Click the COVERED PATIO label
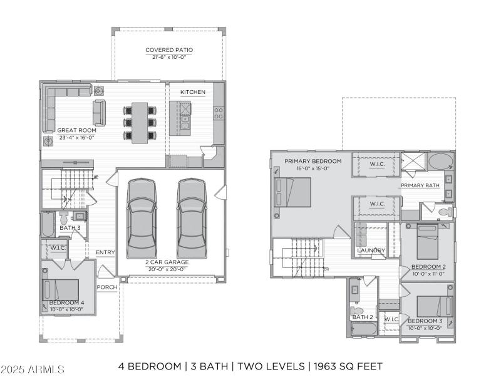coord(169,49)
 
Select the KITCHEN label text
coord(192,92)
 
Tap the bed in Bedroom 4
coord(61,290)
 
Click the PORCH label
coord(107,287)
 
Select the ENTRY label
coord(105,252)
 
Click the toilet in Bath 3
coord(64,218)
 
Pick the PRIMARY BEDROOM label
coord(312,161)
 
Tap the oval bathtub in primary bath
coord(442,161)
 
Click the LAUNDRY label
coord(370,250)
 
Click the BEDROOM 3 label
coord(425,321)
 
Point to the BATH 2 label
coord(363,317)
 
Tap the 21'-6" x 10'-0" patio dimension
coord(169,57)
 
